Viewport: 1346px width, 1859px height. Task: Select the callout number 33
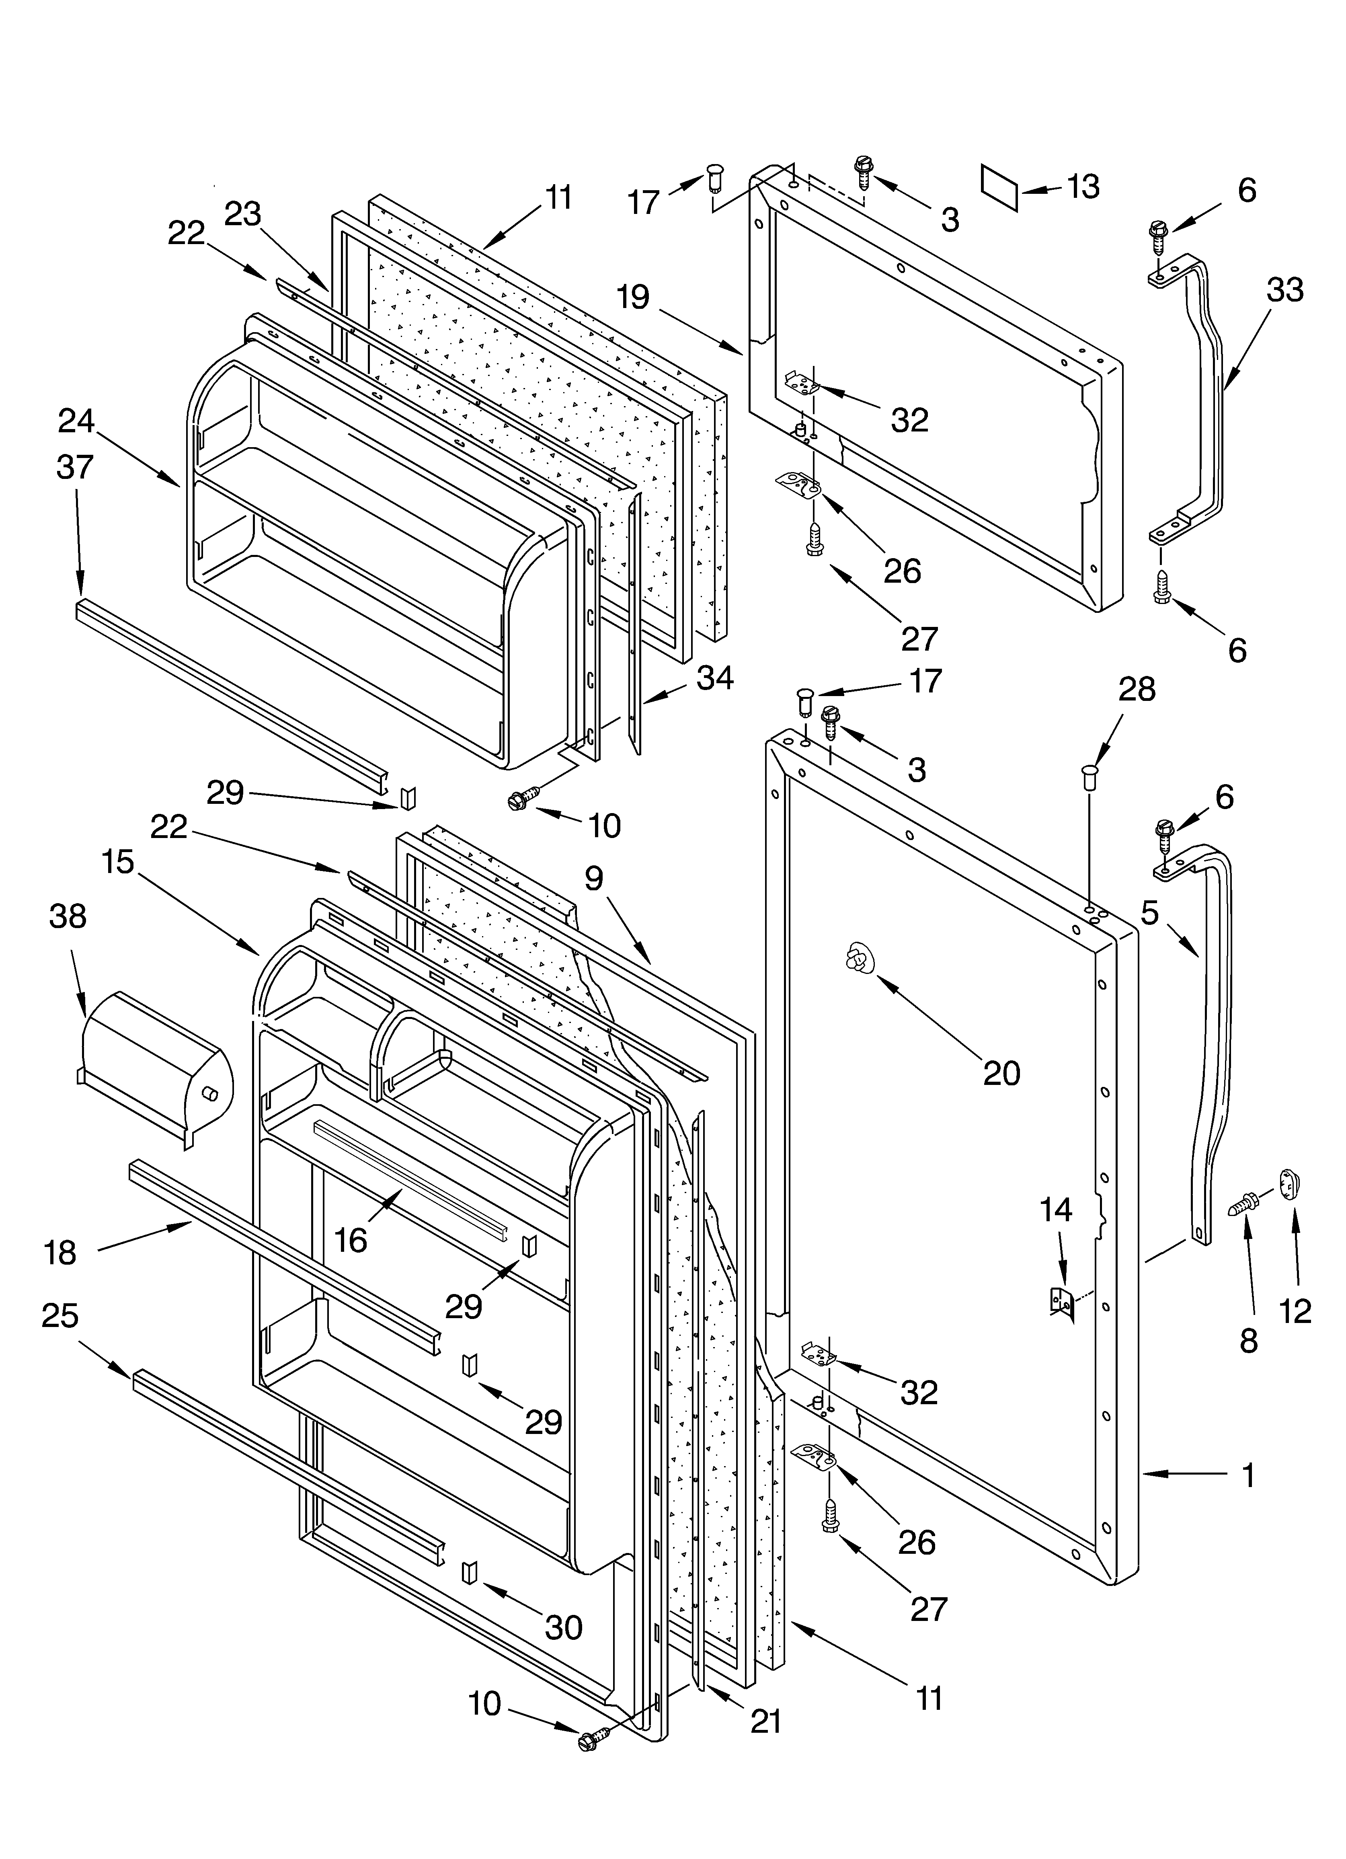click(1284, 290)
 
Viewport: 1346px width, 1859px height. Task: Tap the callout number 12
click(1295, 1311)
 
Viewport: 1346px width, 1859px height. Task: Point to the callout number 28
click(1137, 689)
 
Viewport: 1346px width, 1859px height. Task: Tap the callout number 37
click(76, 467)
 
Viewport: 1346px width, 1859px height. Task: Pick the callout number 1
click(1248, 1475)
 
